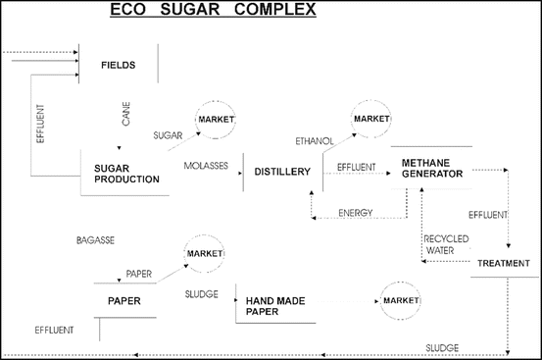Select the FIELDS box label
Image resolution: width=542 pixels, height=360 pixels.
(x=118, y=67)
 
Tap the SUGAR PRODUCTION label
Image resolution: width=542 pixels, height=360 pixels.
(x=126, y=175)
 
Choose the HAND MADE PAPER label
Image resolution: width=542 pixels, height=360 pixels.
(x=275, y=306)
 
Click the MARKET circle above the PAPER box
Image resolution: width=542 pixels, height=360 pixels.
(x=205, y=254)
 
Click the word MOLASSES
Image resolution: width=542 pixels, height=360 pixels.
(x=206, y=166)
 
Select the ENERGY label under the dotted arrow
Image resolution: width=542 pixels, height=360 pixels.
(x=354, y=213)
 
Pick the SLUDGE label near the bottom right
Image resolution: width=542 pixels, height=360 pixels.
(x=442, y=347)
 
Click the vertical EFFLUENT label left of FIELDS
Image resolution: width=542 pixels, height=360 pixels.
(x=40, y=125)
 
